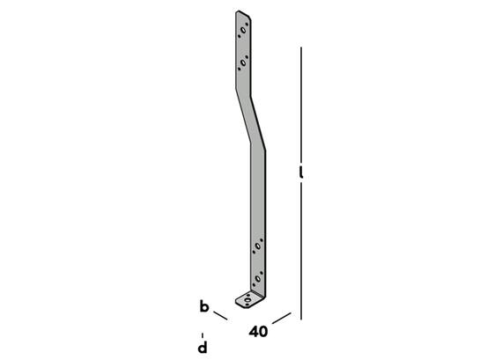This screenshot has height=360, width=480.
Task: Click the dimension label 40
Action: click(258, 332)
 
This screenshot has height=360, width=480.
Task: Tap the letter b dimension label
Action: click(204, 306)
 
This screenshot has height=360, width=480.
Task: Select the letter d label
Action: click(203, 348)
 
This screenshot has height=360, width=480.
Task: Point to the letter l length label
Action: click(301, 173)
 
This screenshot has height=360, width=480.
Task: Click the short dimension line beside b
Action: click(220, 316)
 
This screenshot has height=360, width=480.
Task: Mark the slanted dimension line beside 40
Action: click(281, 318)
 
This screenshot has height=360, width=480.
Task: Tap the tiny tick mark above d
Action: click(203, 335)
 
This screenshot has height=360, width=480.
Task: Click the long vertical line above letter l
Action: click(301, 104)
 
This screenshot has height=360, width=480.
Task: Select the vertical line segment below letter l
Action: click(301, 252)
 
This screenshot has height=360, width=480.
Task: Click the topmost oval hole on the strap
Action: click(243, 30)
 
